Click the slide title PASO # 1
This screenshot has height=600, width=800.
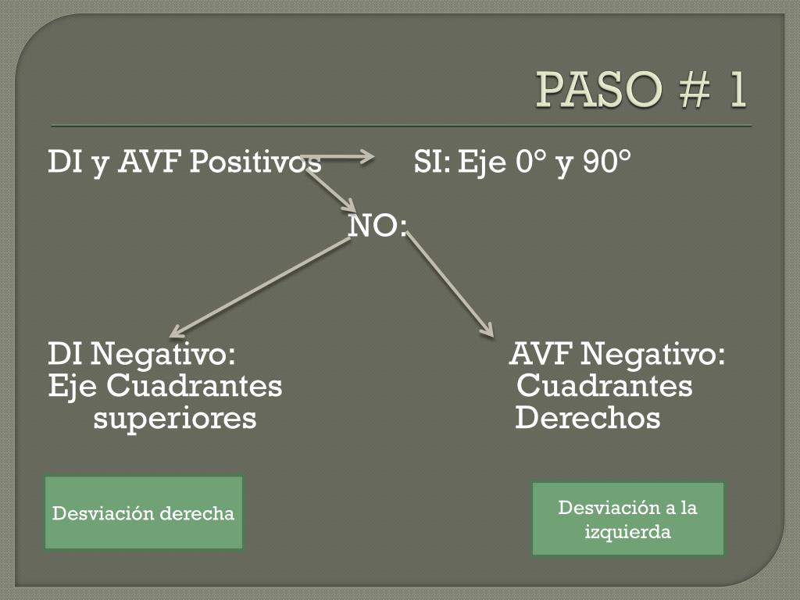641,91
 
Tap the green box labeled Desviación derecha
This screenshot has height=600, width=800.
143,513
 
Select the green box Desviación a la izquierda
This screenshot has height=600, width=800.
628,520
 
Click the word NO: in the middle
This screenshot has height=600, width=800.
377,227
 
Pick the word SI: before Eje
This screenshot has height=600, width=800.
432,163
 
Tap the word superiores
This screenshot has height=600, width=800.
175,419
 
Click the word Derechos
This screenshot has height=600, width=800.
587,419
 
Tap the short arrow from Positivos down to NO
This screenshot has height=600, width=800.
330,191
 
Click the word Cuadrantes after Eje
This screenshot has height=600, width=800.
195,387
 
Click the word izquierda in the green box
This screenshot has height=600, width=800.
628,532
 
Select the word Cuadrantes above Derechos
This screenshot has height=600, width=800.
605,387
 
